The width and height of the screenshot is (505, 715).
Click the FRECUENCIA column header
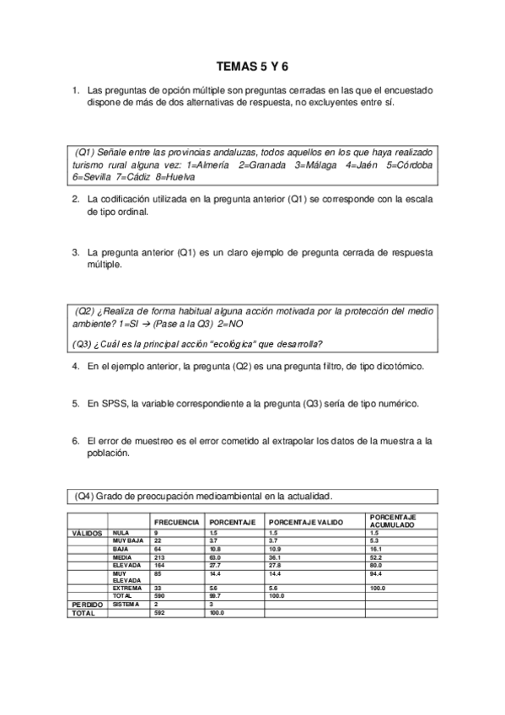[177, 523]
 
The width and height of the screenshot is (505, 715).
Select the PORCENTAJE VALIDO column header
[306, 523]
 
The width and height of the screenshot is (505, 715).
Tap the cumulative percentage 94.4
[376, 573]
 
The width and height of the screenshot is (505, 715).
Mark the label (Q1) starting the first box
[84, 152]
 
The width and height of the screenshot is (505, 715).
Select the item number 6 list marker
[76, 440]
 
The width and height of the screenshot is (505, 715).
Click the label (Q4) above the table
[83, 496]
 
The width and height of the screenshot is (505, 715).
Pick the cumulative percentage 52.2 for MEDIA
[376, 556]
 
